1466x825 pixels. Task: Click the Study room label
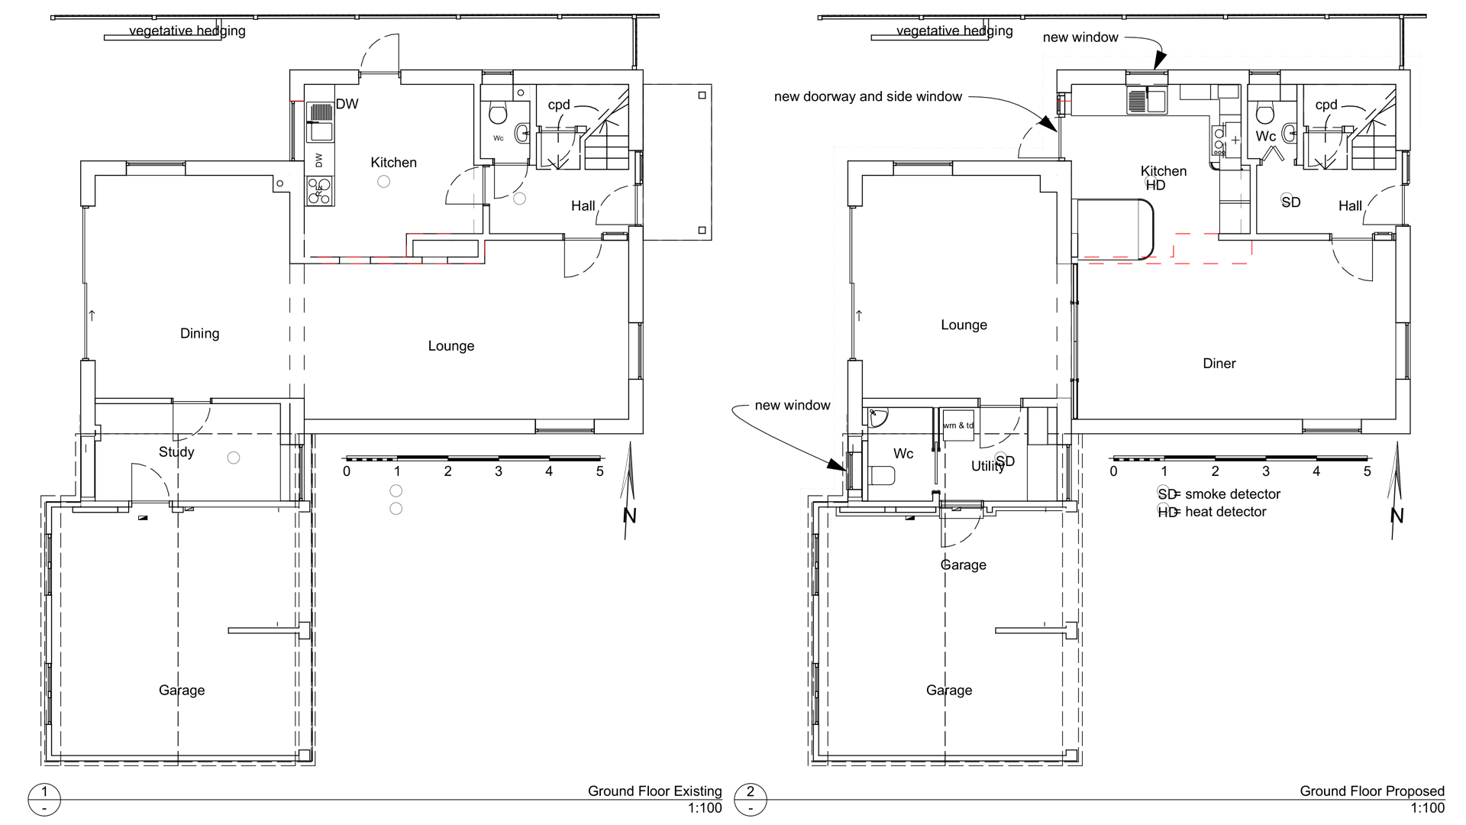coord(176,452)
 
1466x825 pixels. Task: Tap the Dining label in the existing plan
coord(199,334)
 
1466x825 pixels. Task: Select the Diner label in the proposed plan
coord(1219,364)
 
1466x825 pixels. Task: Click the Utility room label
coord(986,466)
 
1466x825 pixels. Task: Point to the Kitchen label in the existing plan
coord(393,163)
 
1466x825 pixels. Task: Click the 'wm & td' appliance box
coord(958,425)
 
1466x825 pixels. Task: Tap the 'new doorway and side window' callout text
coord(868,97)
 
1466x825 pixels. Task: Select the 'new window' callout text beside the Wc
coord(793,406)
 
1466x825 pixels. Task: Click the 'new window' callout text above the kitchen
coord(1080,37)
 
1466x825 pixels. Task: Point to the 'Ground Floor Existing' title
coord(654,791)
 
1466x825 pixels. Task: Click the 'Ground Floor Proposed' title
coord(1372,791)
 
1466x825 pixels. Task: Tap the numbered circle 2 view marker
coord(750,799)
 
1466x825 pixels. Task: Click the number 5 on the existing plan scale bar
coord(600,471)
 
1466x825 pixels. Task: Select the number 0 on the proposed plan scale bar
coord(1113,471)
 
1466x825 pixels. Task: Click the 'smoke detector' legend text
coord(1232,494)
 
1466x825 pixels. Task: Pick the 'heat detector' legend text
coord(1225,512)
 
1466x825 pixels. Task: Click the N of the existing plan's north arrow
coord(629,516)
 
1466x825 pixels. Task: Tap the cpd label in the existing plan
coord(559,105)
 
